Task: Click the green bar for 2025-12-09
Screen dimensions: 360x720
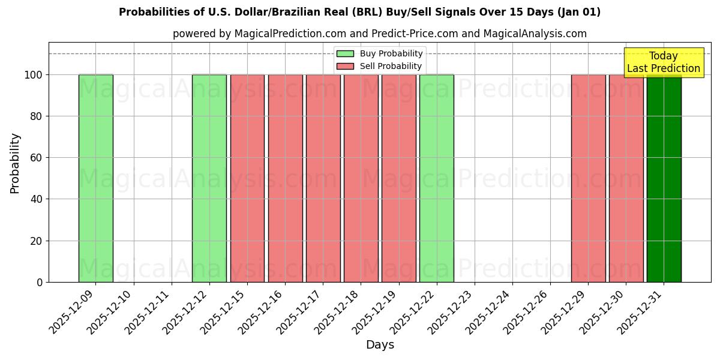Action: tap(96, 178)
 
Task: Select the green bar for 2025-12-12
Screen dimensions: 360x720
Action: tap(209, 178)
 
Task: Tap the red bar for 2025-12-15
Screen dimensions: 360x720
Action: tap(247, 178)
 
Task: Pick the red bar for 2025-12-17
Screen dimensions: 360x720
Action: tap(323, 178)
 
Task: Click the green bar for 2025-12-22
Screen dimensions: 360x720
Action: tap(437, 178)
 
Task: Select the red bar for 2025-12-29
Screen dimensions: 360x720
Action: tap(588, 178)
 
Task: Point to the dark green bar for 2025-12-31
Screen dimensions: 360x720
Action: tap(664, 178)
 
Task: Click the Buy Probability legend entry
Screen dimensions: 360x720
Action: tap(380, 54)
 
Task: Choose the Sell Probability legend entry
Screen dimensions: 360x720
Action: tap(380, 66)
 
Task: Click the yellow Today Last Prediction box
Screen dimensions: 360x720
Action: tap(664, 62)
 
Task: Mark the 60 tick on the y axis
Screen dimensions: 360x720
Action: tap(37, 158)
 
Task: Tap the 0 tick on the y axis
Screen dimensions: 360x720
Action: tap(40, 282)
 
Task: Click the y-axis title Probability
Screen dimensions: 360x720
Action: tap(15, 163)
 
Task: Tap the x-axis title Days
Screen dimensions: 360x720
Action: tap(380, 345)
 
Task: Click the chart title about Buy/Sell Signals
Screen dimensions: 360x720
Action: tap(359, 12)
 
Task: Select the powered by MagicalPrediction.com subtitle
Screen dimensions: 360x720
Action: tap(379, 34)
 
